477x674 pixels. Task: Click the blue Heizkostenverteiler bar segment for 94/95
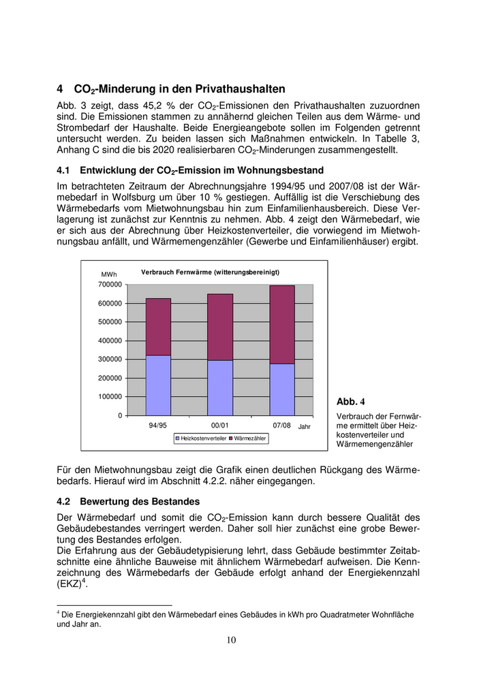[158, 385]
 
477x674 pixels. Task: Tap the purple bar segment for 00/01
[220, 327]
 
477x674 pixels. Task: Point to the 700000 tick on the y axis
[111, 285]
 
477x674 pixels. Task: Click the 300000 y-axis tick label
[111, 359]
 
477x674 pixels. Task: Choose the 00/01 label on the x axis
[219, 426]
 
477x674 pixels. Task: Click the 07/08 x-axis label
[281, 426]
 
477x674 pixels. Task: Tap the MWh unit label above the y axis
[109, 274]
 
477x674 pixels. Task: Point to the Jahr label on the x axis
[304, 427]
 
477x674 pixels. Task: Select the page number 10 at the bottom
[231, 639]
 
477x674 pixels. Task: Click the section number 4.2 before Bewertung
[65, 501]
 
